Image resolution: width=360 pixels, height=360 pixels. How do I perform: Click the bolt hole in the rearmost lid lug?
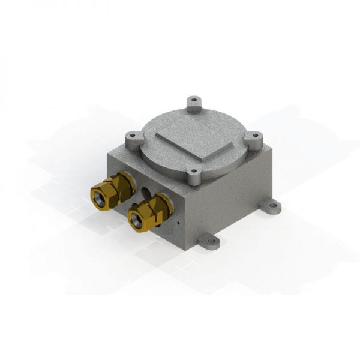194,101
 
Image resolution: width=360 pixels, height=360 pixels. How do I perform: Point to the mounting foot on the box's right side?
271,208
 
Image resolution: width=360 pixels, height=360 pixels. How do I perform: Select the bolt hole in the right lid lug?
256,137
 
